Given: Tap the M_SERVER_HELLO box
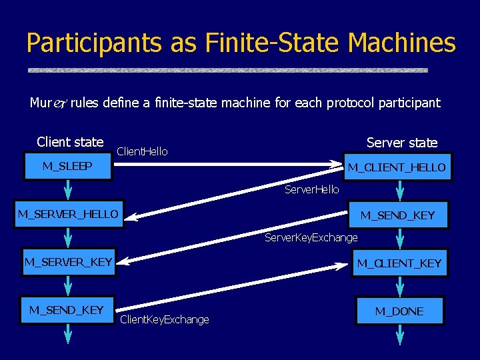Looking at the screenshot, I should [68, 214].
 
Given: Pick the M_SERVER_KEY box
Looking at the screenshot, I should [68, 262].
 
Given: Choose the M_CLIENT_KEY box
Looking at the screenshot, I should [399, 263].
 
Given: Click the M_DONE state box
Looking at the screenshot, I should [399, 311].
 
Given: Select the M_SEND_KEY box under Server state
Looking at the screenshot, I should [397, 215].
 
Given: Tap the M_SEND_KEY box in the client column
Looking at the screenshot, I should [67, 310].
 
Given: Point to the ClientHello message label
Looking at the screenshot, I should [142, 152].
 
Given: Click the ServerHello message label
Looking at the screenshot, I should [311, 190].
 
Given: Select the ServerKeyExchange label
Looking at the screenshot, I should [311, 238].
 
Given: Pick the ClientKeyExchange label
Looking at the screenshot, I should [164, 320].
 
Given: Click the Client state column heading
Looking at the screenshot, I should [70, 142].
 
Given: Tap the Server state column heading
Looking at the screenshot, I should [402, 143].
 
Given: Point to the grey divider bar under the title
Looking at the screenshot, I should [227, 69].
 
